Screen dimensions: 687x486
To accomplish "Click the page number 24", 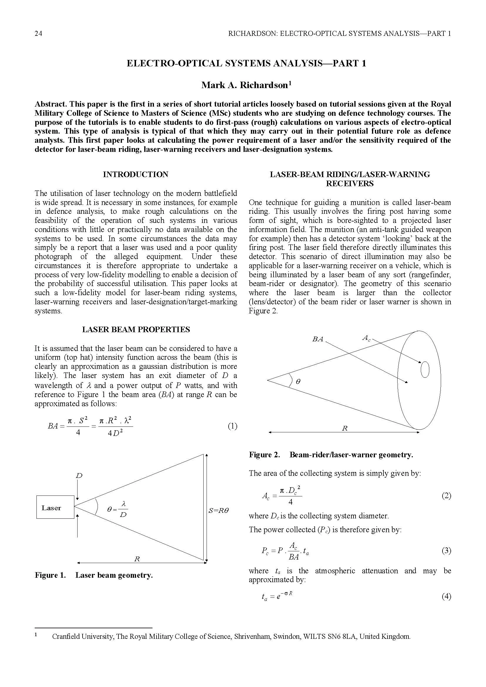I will point(38,33).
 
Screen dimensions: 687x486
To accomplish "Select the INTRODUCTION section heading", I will point(135,174).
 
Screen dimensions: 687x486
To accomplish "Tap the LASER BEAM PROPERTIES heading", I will point(136,330).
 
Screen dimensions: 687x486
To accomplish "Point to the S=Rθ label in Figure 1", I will point(218,511).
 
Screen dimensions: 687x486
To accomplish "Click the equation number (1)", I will point(232,426).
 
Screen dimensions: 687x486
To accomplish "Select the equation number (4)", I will point(446,597).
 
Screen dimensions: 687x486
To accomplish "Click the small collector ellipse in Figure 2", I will point(425,370).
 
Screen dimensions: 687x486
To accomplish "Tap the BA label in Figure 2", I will point(318,339).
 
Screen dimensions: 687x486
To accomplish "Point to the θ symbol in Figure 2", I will point(298,382).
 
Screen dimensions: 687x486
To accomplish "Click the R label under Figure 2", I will point(345,428).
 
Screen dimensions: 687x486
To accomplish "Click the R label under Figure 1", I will point(137,559).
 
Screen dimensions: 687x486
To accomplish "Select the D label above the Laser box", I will point(79,476).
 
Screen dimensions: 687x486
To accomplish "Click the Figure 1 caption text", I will point(94,575).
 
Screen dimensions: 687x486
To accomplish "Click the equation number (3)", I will point(446,550).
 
